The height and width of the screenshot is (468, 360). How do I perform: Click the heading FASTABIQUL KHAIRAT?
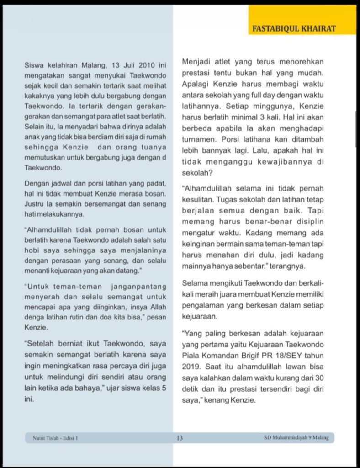coord(294,28)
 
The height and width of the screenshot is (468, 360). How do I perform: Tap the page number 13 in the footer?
coord(180,438)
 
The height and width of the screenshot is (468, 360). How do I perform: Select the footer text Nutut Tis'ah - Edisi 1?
coord(55,438)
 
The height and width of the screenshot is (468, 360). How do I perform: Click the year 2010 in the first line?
coord(146,65)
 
